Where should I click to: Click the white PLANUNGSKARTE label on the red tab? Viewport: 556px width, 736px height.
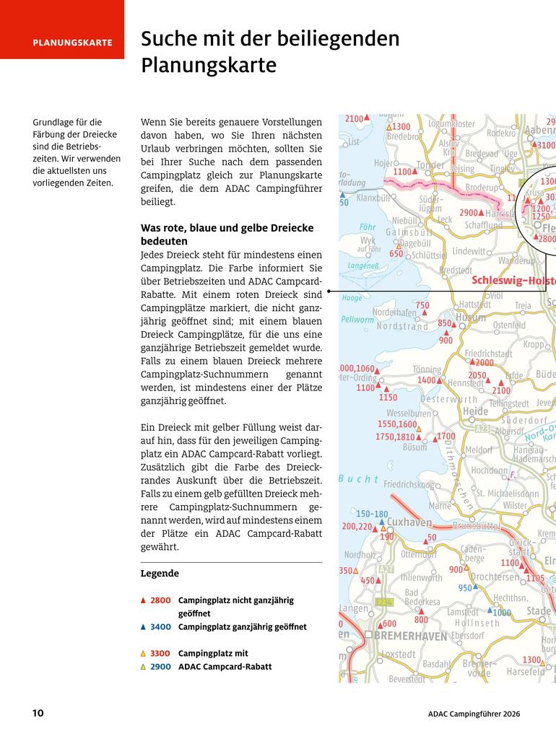click(72, 43)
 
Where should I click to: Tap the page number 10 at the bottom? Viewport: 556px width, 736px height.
click(38, 714)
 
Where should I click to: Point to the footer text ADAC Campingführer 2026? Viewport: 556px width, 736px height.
click(474, 714)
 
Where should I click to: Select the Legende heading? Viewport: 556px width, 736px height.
click(160, 574)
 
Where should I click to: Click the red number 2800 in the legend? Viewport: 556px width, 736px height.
click(160, 600)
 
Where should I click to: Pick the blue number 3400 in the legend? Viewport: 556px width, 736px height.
click(160, 627)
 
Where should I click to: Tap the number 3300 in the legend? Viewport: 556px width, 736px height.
click(160, 654)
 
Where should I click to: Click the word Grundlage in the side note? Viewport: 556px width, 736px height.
click(56, 122)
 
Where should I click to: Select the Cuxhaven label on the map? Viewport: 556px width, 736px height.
click(409, 522)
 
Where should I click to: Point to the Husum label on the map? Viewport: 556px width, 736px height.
click(471, 317)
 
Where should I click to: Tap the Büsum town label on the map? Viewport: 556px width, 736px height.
click(414, 447)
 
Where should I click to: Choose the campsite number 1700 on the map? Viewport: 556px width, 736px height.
click(446, 437)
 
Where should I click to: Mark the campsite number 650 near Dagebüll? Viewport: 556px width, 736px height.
click(396, 254)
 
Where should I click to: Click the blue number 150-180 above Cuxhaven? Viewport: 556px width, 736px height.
click(372, 514)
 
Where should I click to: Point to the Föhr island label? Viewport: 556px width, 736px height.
click(368, 227)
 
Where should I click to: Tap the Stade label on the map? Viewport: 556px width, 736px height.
click(539, 611)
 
